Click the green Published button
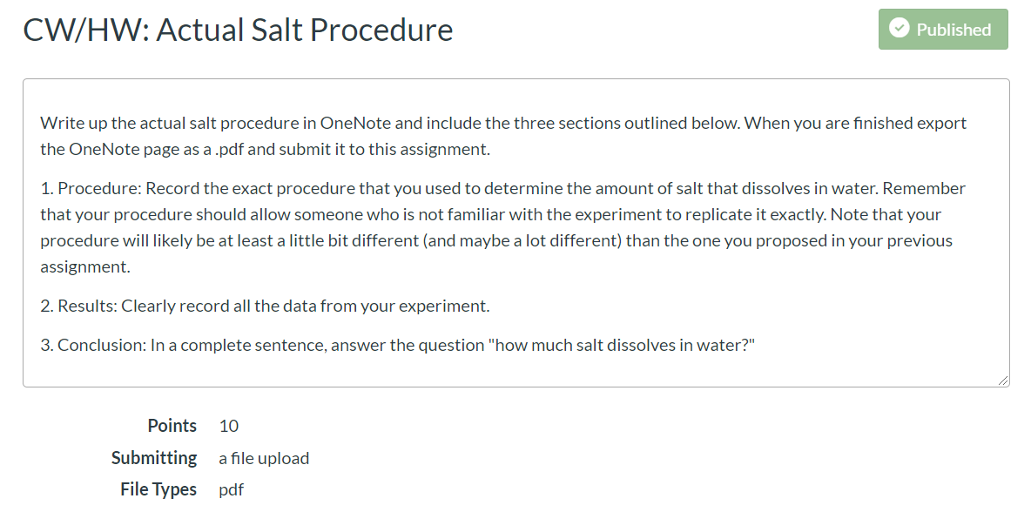[943, 29]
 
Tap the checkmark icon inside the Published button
[899, 28]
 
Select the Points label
[172, 426]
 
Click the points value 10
[229, 426]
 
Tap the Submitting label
[154, 458]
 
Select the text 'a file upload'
[264, 458]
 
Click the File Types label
[158, 489]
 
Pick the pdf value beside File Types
[232, 490]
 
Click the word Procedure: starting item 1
[99, 189]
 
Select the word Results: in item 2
[87, 307]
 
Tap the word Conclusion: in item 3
[102, 345]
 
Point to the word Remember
[924, 189]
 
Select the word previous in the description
[920, 241]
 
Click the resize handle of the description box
[1002, 380]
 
